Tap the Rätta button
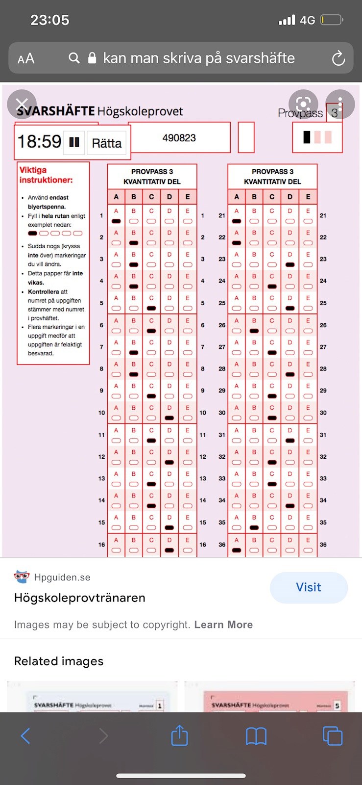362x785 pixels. [x=107, y=143]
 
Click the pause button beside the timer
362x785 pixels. [x=74, y=142]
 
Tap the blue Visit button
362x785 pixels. [x=309, y=587]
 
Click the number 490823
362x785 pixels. [x=179, y=138]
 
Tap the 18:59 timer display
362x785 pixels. [x=39, y=142]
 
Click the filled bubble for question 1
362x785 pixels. [x=116, y=221]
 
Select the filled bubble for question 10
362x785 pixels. [x=169, y=418]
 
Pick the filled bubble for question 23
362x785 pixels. [x=290, y=264]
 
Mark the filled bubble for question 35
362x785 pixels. [x=254, y=527]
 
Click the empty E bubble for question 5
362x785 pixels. [x=188, y=308]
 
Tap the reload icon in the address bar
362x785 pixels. [x=338, y=58]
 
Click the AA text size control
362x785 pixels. [x=26, y=59]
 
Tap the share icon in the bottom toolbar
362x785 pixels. [x=179, y=736]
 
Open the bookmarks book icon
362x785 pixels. [x=256, y=736]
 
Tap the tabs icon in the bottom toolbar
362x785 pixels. [x=332, y=736]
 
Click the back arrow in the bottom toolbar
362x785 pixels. [x=25, y=736]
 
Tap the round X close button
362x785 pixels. [x=22, y=104]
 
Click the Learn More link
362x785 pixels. [x=223, y=625]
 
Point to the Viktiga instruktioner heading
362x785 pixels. [x=46, y=175]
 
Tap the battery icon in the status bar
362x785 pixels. [x=332, y=20]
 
